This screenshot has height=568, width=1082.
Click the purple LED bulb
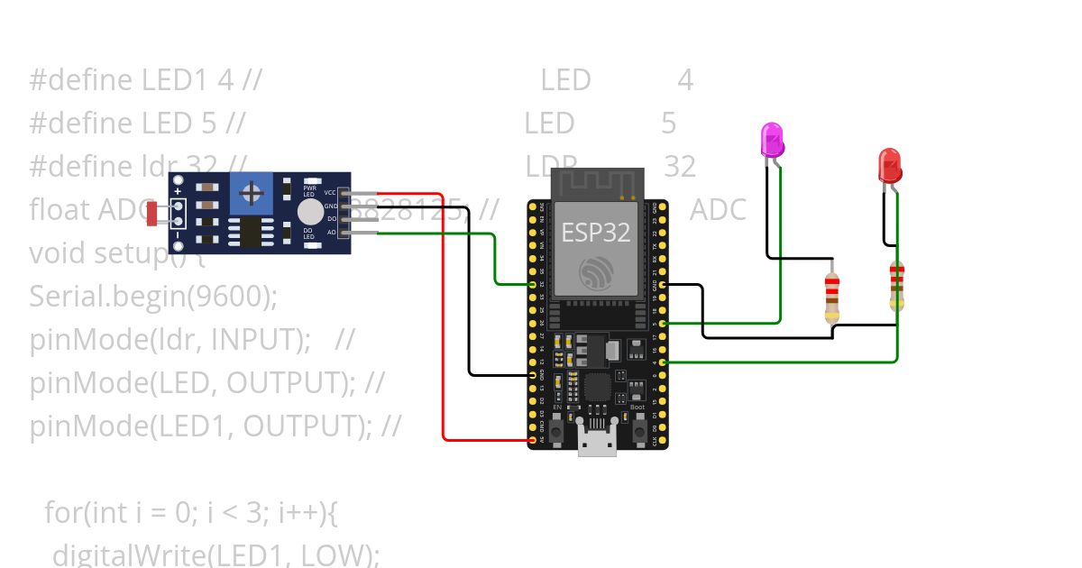click(x=773, y=141)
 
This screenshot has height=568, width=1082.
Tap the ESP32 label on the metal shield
click(x=596, y=232)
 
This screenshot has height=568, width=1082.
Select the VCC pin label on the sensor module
click(x=330, y=192)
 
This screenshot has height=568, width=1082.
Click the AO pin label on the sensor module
click(x=331, y=233)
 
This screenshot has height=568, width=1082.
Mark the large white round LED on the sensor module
click(x=309, y=212)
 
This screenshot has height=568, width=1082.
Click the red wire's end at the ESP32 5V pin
click(x=531, y=440)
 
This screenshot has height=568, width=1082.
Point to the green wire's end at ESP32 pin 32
click(x=531, y=285)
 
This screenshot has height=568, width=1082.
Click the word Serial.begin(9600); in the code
click(x=153, y=297)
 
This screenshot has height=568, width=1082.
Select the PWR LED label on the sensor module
click(x=309, y=191)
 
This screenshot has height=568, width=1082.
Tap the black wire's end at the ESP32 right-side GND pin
click(x=664, y=285)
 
